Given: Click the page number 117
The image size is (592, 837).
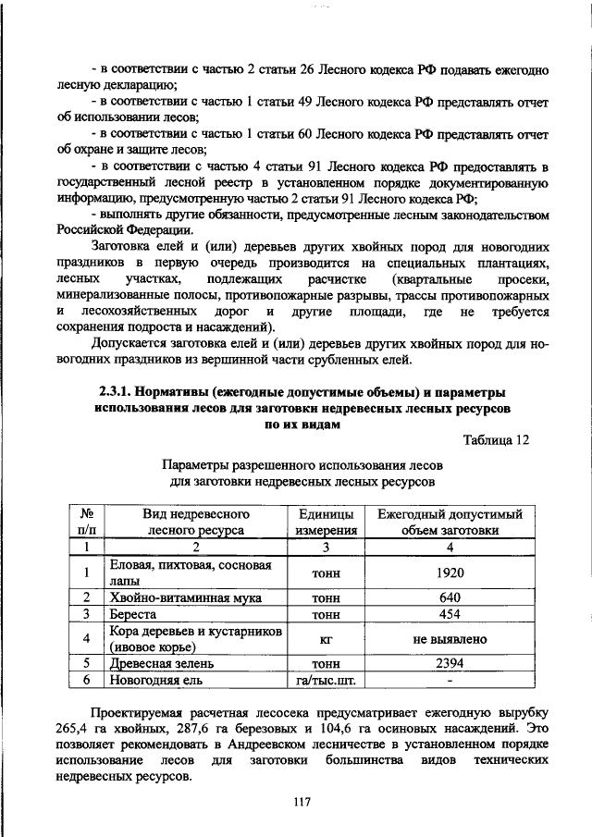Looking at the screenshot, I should [295, 802].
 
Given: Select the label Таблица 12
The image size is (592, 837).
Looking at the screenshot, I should [495, 439].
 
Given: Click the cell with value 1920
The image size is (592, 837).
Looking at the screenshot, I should [449, 573].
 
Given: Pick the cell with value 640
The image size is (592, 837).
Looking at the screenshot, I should [449, 598].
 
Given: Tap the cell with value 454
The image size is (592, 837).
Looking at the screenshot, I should [449, 614].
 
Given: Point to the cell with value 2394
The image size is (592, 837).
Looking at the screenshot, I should [449, 663].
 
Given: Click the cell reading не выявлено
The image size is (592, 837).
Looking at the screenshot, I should [449, 639].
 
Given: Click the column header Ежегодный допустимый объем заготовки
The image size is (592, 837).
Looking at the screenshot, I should [449, 523].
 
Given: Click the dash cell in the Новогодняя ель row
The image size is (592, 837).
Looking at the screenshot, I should [449, 680].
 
